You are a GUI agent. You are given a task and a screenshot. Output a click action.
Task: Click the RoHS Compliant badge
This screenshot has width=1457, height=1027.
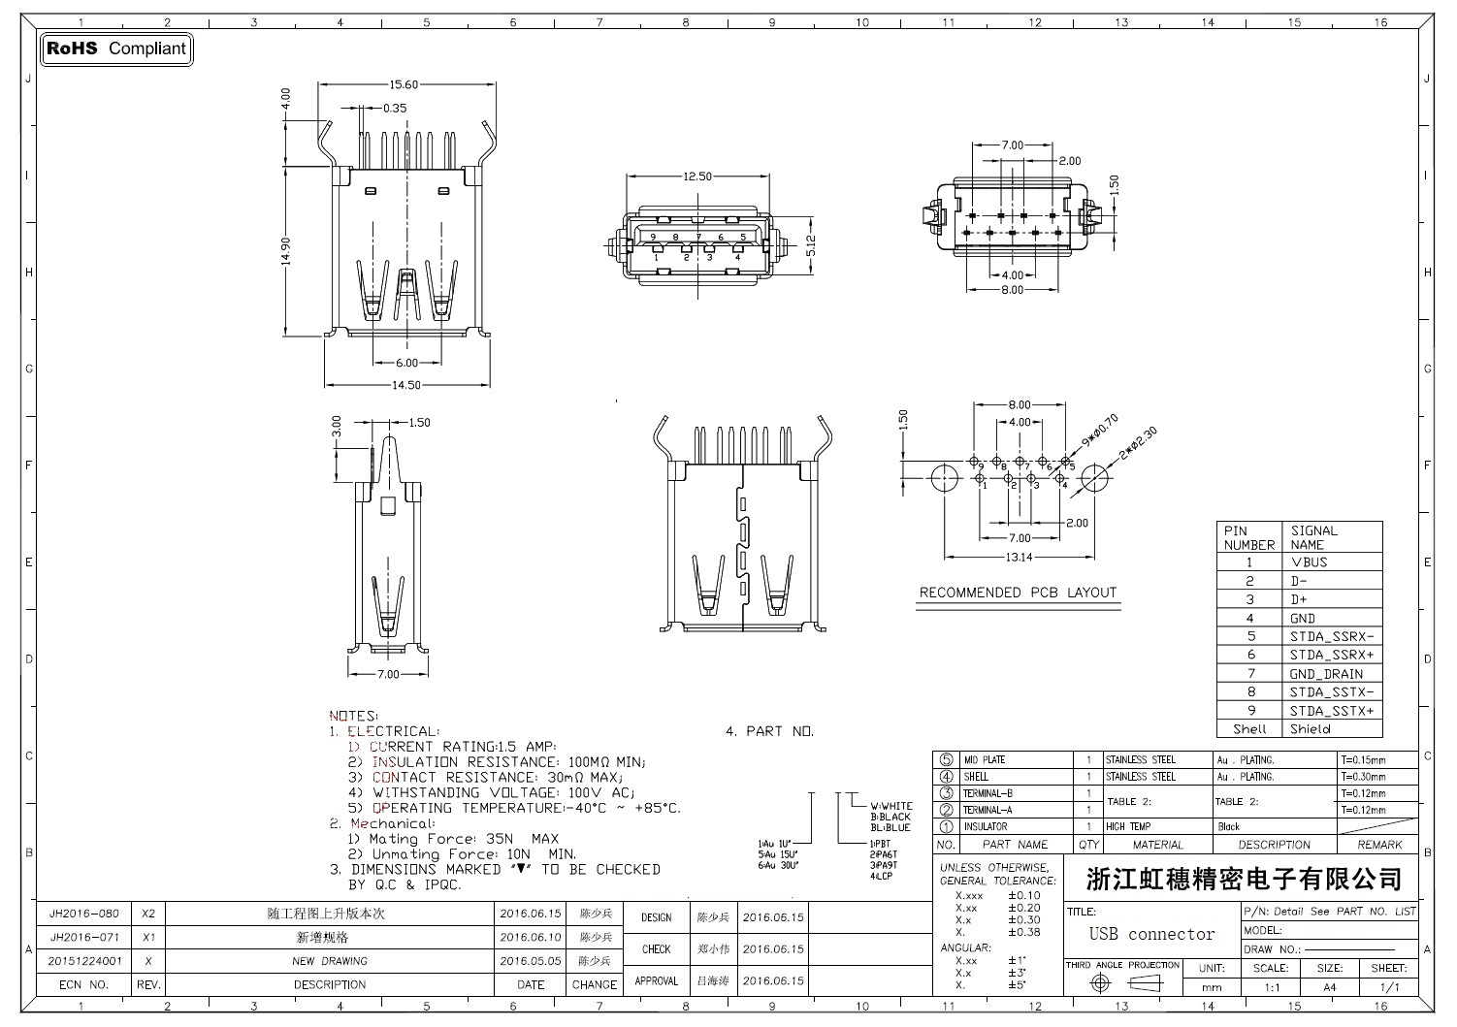pyautogui.click(x=116, y=48)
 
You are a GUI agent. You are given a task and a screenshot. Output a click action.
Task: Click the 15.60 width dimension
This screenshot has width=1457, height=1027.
pyautogui.click(x=405, y=85)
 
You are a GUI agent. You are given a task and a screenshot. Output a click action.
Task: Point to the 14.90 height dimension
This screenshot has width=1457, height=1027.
pyautogui.click(x=286, y=251)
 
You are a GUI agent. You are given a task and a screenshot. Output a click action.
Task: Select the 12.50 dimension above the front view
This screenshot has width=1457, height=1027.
pyautogui.click(x=696, y=177)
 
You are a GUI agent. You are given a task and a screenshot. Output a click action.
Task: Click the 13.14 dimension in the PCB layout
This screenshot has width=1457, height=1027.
pyautogui.click(x=1019, y=558)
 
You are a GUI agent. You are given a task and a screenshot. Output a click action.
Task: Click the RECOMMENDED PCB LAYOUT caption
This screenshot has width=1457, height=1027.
pyautogui.click(x=1018, y=593)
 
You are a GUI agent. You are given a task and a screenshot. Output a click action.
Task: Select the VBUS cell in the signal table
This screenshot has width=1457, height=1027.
pyautogui.click(x=1310, y=562)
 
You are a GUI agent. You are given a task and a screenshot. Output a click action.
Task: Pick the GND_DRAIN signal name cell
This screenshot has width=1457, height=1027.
pyautogui.click(x=1326, y=674)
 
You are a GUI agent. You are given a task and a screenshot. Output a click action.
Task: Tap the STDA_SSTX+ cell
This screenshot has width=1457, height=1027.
pyautogui.click(x=1331, y=711)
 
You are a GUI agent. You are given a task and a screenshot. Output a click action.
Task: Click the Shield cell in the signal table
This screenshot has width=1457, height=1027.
pyautogui.click(x=1310, y=729)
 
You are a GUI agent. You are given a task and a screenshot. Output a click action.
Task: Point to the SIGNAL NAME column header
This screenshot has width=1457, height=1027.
pyautogui.click(x=1313, y=537)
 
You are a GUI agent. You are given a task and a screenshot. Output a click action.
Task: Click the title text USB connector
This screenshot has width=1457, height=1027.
pyautogui.click(x=1151, y=935)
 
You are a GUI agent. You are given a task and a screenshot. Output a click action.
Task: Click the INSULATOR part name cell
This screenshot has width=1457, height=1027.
pyautogui.click(x=985, y=827)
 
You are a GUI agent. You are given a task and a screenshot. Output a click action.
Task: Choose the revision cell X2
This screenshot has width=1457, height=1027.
pyautogui.click(x=148, y=914)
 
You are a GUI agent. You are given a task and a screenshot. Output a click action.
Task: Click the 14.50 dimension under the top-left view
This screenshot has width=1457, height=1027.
pyautogui.click(x=405, y=385)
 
